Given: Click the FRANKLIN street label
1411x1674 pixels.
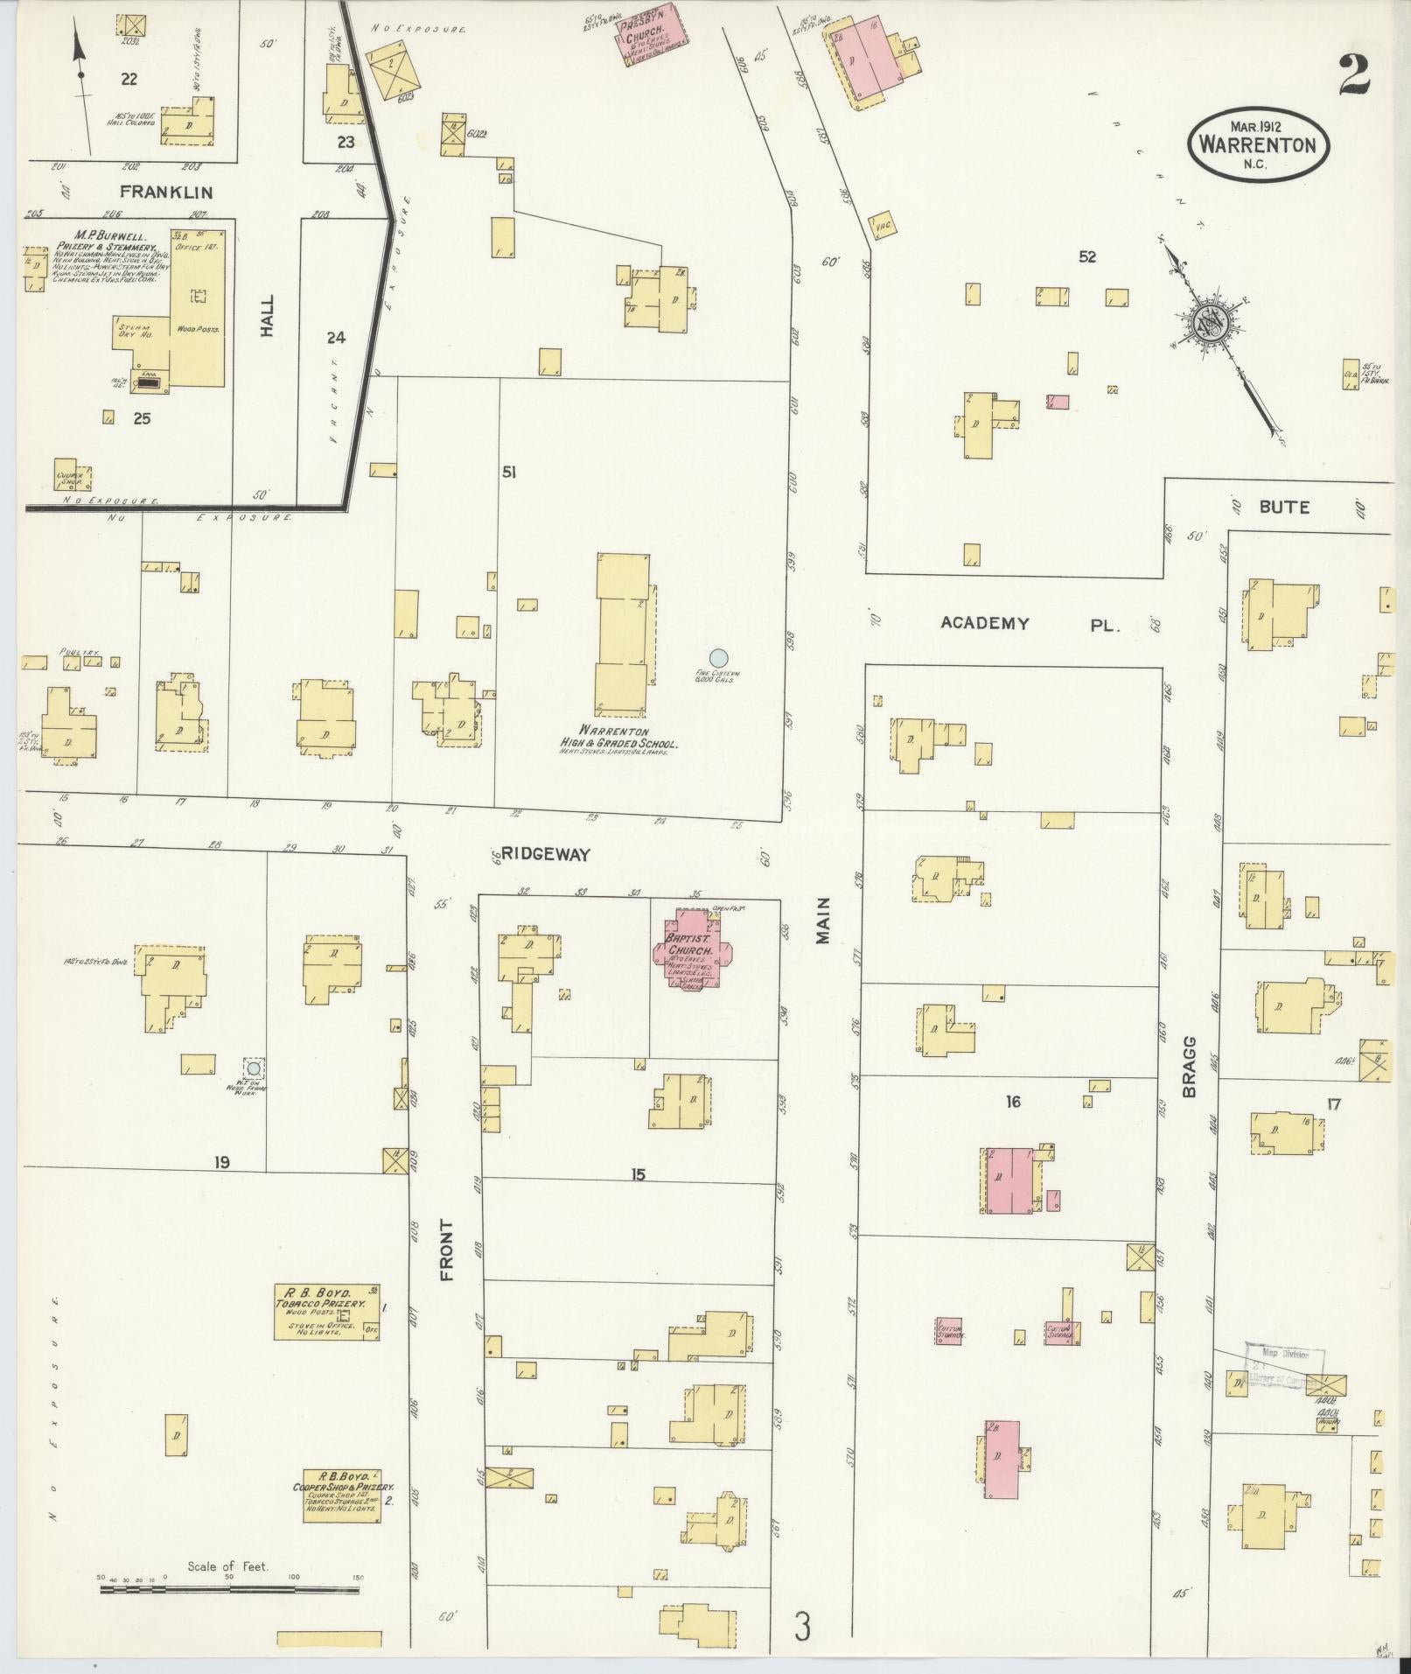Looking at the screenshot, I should click(x=166, y=192).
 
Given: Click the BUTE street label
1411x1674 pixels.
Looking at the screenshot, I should click(x=1284, y=507).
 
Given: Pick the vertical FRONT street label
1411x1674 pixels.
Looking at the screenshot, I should click(x=447, y=1250).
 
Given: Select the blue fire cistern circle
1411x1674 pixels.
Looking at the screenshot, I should click(x=718, y=656).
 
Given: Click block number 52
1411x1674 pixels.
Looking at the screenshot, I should click(x=1087, y=257).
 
